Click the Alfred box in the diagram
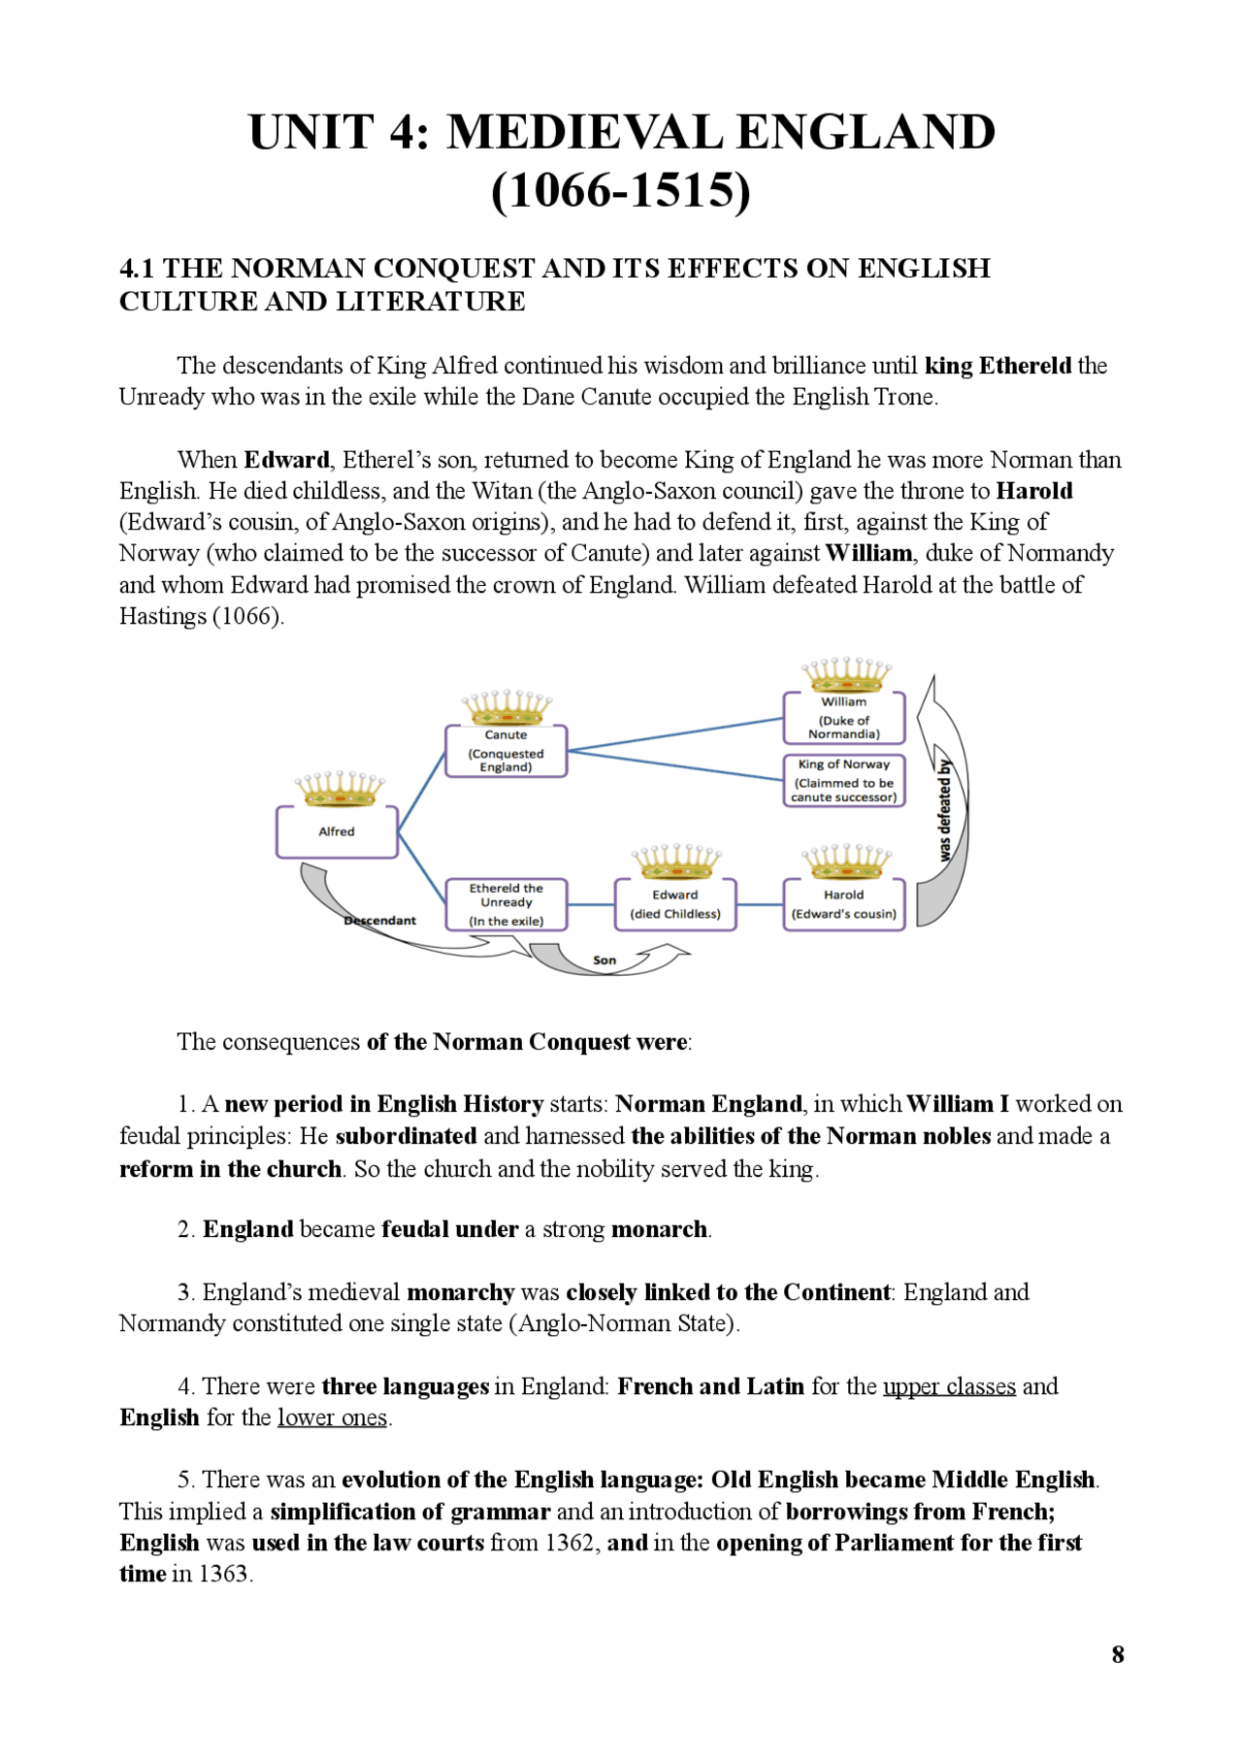coord(337,831)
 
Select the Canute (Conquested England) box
coord(506,751)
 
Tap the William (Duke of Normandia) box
coord(843,718)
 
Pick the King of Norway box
coord(843,780)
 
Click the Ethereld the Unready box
coord(506,904)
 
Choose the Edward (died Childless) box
coord(674,904)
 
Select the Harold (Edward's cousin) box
coord(843,904)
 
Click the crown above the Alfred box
coord(340,790)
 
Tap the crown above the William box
coord(845,673)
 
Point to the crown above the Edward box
coord(676,861)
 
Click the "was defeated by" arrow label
coord(945,810)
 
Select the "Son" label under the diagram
coord(605,960)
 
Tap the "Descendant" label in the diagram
coord(379,921)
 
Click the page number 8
coord(1118,1654)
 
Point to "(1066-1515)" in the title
coord(621,190)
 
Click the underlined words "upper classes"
coord(949,1386)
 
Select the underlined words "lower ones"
coord(333,1417)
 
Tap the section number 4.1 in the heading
coord(137,269)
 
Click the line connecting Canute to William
coord(674,734)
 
